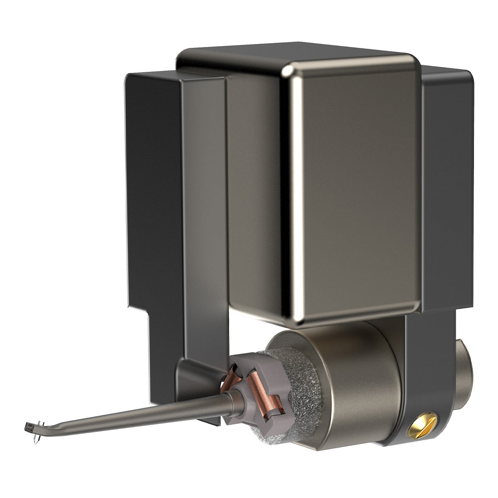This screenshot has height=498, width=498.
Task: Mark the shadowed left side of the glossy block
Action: tap(253, 187)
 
